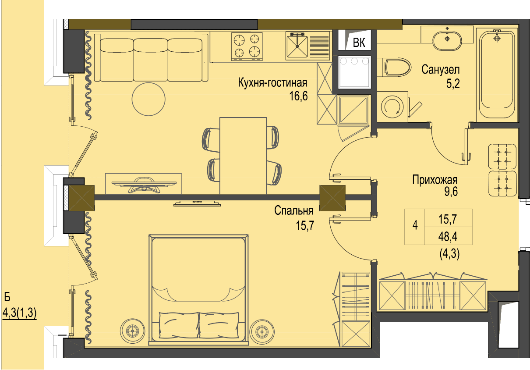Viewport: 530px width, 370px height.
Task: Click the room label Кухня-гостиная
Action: click(x=272, y=83)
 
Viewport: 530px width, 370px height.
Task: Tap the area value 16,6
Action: click(x=298, y=96)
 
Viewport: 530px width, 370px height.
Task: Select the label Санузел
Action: click(x=440, y=70)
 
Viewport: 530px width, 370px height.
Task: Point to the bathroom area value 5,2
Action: click(x=453, y=83)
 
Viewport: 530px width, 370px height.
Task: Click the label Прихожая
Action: click(x=435, y=180)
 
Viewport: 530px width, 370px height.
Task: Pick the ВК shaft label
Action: click(x=359, y=43)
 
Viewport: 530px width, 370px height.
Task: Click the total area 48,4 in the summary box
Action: click(x=448, y=236)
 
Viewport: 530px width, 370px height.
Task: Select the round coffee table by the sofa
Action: click(x=148, y=99)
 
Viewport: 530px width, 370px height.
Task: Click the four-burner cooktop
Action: click(x=247, y=46)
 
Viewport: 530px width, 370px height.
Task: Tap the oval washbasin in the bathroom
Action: click(x=447, y=40)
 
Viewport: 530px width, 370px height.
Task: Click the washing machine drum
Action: click(x=392, y=107)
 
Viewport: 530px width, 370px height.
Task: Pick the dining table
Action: click(x=243, y=156)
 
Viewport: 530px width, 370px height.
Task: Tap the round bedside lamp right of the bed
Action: click(x=262, y=331)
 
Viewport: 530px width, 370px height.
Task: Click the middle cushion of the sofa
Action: click(x=151, y=60)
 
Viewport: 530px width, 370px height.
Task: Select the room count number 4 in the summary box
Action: click(x=415, y=225)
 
